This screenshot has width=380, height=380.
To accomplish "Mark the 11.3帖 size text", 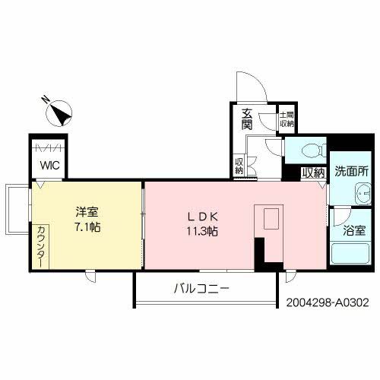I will pos(199,231).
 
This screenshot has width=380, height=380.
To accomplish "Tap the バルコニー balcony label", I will pos(201,288).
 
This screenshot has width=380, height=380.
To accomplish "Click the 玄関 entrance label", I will pos(248,119).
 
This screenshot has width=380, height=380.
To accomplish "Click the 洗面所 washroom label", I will pos(351,172).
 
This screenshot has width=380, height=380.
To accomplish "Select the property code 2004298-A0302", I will pos(328,302).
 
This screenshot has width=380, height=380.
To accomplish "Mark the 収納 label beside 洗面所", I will pos(313,173).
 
